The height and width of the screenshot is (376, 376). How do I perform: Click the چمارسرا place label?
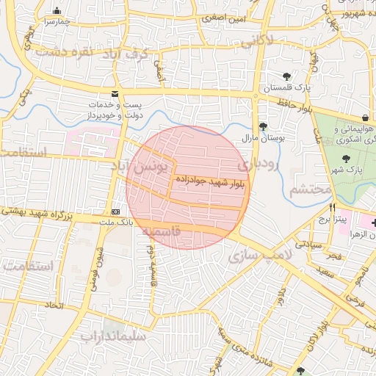click(x=57, y=22)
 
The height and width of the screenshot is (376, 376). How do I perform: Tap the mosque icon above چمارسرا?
click(x=57, y=10)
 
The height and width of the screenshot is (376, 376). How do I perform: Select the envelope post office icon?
click(x=114, y=94)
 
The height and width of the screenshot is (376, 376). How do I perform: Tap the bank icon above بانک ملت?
click(x=115, y=209)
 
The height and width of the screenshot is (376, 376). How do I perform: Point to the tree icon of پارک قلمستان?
click(x=286, y=76)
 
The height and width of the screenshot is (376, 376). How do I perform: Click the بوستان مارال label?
click(x=262, y=137)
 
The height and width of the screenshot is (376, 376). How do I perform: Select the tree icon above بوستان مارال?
click(x=262, y=126)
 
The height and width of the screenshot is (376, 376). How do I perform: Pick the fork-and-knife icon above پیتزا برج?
click(x=332, y=208)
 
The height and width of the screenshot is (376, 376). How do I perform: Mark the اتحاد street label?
click(x=54, y=304)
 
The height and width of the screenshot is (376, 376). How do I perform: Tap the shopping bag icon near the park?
click(x=365, y=118)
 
